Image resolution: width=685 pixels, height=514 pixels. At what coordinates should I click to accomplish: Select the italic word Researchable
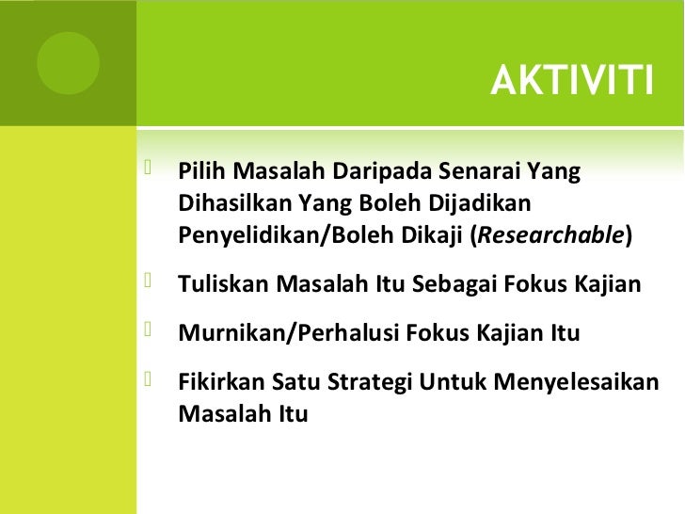[552, 234]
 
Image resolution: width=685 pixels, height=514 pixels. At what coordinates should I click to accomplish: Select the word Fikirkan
[221, 382]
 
